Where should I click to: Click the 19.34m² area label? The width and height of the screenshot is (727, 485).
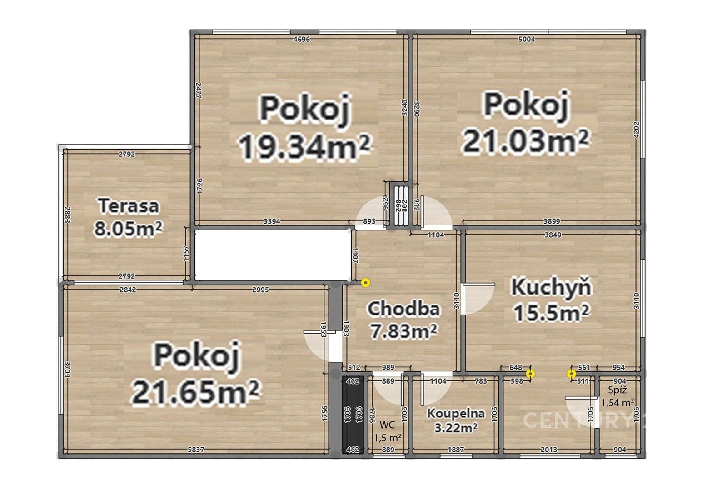(304, 146)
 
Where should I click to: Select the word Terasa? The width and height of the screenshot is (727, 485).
(129, 206)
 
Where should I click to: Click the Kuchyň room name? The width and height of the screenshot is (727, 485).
(551, 287)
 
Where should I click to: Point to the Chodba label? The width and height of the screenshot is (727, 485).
(403, 309)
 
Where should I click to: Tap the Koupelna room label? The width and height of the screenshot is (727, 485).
(456, 414)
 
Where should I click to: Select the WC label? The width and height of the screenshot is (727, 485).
(387, 425)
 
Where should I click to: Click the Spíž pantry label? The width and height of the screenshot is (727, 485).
(617, 390)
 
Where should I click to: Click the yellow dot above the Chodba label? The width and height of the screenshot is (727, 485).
(366, 283)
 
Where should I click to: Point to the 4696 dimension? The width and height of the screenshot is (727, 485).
(301, 40)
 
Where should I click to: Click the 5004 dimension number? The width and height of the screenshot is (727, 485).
(527, 40)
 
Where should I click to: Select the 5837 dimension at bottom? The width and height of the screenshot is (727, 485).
(196, 450)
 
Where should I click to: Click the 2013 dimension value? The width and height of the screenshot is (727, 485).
(549, 450)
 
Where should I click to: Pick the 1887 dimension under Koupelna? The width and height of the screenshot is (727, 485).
(456, 450)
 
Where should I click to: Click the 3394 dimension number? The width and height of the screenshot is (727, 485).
(272, 221)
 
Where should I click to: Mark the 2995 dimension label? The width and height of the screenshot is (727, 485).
(260, 290)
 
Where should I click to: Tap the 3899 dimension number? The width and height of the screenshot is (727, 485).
(552, 221)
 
